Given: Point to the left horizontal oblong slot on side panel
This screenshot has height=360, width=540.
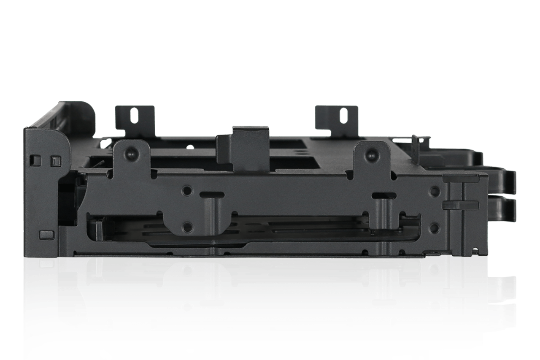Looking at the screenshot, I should click(211, 195).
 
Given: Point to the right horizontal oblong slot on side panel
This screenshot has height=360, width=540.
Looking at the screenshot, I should click(384, 195).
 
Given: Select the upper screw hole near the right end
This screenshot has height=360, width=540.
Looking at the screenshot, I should click(435, 191).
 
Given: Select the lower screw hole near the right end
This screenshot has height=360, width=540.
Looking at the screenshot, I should click(435, 228).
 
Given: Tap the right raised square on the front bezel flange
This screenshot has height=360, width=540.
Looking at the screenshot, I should click(56, 161).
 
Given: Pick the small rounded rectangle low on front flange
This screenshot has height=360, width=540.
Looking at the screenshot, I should click(46, 235).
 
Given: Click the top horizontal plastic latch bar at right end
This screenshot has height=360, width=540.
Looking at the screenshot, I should click(460, 179).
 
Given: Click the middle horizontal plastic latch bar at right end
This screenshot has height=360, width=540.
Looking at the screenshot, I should click(460, 205).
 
